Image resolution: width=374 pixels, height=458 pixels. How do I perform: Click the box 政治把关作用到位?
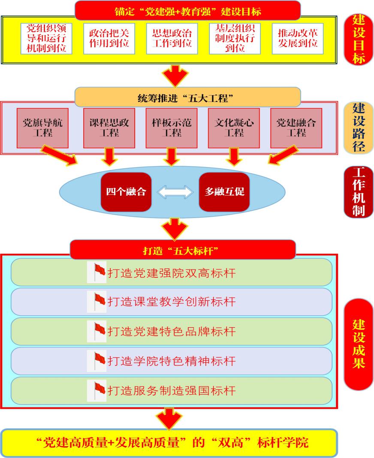109,38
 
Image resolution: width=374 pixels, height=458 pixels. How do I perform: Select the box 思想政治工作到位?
172,38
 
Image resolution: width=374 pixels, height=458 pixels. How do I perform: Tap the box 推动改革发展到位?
298,38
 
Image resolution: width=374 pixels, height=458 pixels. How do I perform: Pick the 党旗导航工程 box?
42,128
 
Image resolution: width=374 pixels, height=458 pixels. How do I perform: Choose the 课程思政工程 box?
109,128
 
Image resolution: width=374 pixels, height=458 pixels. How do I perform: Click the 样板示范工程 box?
172,128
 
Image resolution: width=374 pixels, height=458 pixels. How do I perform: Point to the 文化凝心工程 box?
234,128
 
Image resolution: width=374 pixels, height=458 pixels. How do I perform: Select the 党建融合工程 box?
296,128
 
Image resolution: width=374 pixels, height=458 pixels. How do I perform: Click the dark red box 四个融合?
126,192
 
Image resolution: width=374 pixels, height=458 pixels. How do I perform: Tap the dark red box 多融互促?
224,192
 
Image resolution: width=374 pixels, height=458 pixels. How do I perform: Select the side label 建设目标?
358,39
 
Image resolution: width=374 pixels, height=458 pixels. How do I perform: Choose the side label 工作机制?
358,192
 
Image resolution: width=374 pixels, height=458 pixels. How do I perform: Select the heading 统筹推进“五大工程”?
187,97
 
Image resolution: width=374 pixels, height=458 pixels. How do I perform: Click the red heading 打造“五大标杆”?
182,249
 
